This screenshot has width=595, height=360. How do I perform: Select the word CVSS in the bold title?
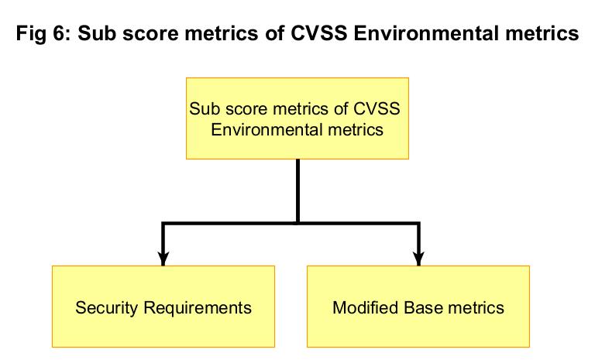(x=319, y=33)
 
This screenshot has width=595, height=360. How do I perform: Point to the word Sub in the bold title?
(x=96, y=33)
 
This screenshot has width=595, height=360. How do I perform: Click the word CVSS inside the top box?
(x=377, y=109)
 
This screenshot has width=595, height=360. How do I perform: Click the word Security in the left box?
(x=107, y=308)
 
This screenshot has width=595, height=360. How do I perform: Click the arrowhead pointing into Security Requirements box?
(x=163, y=259)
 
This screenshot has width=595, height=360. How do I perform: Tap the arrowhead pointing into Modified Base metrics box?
(x=418, y=259)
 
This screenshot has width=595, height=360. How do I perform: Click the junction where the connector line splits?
(x=297, y=224)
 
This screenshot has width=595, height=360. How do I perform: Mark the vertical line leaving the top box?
(x=297, y=191)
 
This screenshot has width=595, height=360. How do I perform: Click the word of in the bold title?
(x=271, y=33)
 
